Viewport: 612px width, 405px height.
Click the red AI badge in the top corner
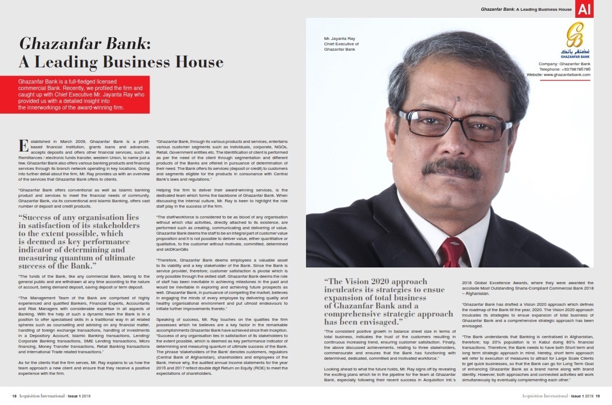click(x=584, y=9)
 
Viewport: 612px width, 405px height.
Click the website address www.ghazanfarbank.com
click(x=559, y=75)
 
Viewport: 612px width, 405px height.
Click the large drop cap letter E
click(x=23, y=146)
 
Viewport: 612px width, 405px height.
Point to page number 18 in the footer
click(x=15, y=395)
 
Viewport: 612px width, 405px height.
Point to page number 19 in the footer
click(x=597, y=395)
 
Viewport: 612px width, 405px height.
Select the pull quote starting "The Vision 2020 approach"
click(x=389, y=301)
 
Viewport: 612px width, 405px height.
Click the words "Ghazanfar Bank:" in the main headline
click(x=85, y=43)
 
